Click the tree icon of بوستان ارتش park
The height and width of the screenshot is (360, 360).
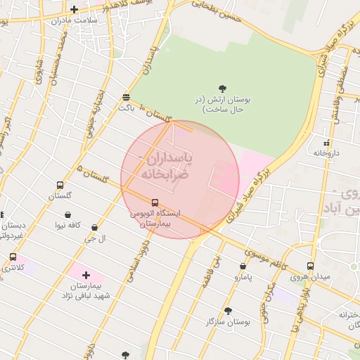pyautogui.click(x=223, y=89)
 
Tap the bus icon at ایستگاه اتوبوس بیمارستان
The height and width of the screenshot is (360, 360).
pyautogui.click(x=155, y=202)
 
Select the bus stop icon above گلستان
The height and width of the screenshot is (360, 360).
pyautogui.click(x=60, y=186)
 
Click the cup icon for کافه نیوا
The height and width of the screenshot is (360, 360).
pyautogui.click(x=67, y=215)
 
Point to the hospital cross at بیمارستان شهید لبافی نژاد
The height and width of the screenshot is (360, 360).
pyautogui.click(x=86, y=275)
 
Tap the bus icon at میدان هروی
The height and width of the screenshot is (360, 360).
pyautogui.click(x=310, y=266)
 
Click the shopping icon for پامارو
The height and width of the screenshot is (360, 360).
pyautogui.click(x=243, y=267)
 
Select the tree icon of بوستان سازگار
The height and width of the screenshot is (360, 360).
pyautogui.click(x=227, y=311)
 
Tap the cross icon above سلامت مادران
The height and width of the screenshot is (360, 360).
pyautogui.click(x=75, y=9)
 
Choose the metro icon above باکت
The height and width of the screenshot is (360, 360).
pyautogui.click(x=126, y=97)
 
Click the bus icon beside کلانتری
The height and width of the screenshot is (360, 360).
pyautogui.click(x=13, y=257)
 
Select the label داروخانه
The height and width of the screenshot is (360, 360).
pyautogui.click(x=326, y=152)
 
